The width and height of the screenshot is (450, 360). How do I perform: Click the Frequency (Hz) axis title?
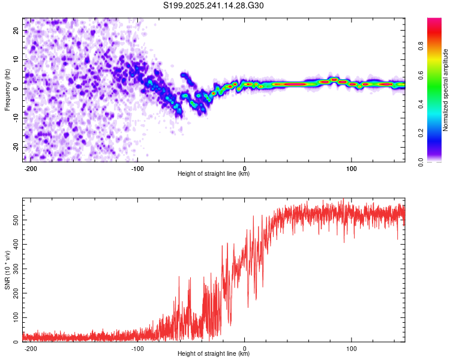(x=7, y=90)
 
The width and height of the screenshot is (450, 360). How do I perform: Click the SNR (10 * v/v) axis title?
(x=7, y=271)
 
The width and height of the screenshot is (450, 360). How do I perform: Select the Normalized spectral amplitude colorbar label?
(x=445, y=90)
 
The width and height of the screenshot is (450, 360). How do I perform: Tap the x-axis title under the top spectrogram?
(x=214, y=174)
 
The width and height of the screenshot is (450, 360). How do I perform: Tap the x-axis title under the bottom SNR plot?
(x=214, y=354)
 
